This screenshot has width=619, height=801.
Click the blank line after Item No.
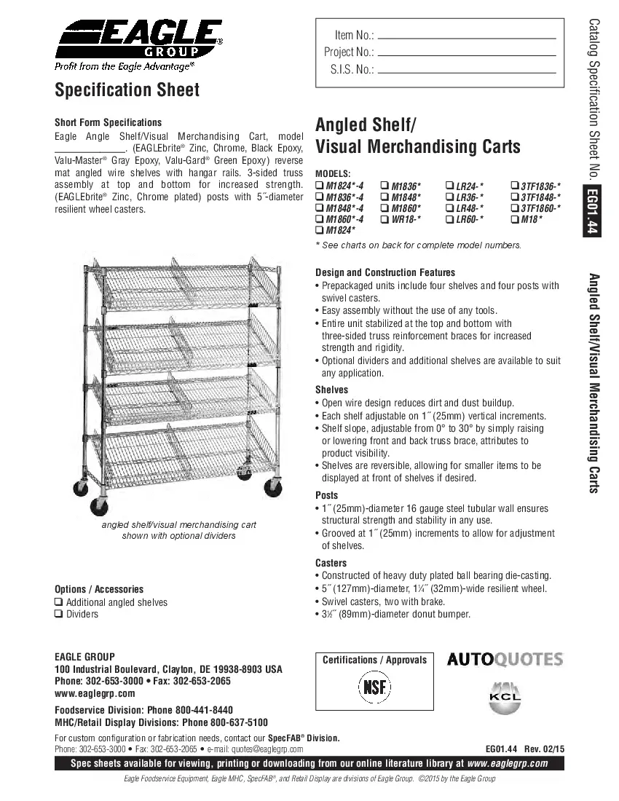coord(468,37)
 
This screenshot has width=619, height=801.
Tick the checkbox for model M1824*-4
coord(319,186)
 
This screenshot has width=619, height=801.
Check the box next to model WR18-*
coord(384,219)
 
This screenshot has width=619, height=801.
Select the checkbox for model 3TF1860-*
coord(515,208)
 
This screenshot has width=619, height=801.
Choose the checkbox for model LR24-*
coord(449,186)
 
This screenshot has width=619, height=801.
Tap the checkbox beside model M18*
coord(515,219)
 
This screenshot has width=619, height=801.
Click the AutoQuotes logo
coord(505,660)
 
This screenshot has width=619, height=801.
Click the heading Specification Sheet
coord(127,90)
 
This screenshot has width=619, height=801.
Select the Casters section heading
coord(331,563)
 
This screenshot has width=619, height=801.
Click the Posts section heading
coord(327,495)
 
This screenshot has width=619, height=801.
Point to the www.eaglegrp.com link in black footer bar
coord(507,764)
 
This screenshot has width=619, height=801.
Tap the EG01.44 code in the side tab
coord(593,212)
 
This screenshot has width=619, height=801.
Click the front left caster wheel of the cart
coord(98,505)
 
